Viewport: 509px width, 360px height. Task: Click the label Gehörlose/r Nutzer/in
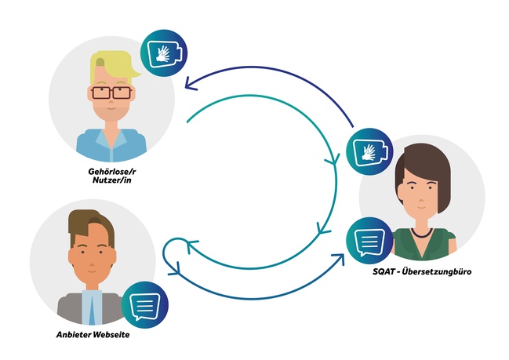111,173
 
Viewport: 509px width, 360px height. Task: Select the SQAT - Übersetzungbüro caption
422,271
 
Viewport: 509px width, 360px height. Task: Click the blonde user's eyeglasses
111,93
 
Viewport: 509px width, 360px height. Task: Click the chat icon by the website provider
144,301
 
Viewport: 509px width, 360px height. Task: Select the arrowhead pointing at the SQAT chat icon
340,256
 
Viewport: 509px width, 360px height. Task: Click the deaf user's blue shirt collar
111,135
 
